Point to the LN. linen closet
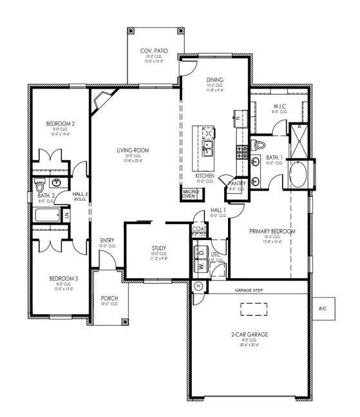pyautogui.click(x=66, y=214)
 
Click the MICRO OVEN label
pyautogui.click(x=189, y=194)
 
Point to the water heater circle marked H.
pyautogui.click(x=198, y=285)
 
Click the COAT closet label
pyautogui.click(x=199, y=228)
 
